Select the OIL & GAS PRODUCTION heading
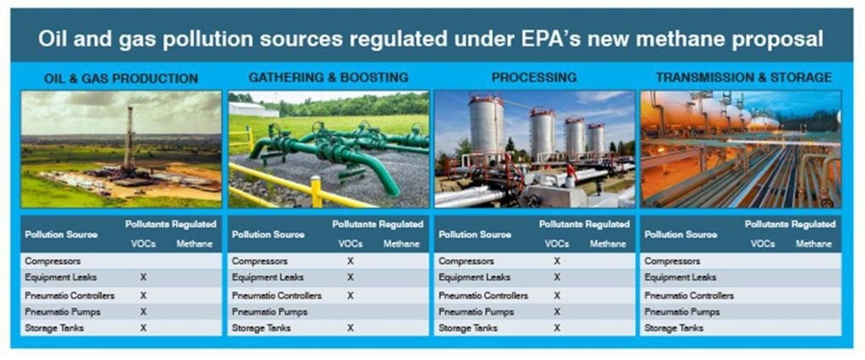tap(121, 79)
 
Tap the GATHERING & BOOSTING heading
tap(329, 77)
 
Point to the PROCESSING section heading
tap(534, 77)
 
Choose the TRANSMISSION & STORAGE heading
tap(743, 77)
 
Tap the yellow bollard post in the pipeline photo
tap(316, 191)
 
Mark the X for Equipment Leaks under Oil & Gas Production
tap(144, 277)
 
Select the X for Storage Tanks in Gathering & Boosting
tap(351, 328)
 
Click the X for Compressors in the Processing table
tap(558, 261)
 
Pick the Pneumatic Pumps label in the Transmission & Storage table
tap(683, 312)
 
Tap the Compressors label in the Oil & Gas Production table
tap(52, 261)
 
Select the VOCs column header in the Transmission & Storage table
tap(763, 243)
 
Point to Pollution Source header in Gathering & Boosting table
tap(268, 234)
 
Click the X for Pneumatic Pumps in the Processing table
tap(558, 312)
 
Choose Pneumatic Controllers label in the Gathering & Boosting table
tap(276, 296)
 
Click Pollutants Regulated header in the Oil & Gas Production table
tap(171, 224)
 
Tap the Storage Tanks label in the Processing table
tap(468, 328)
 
